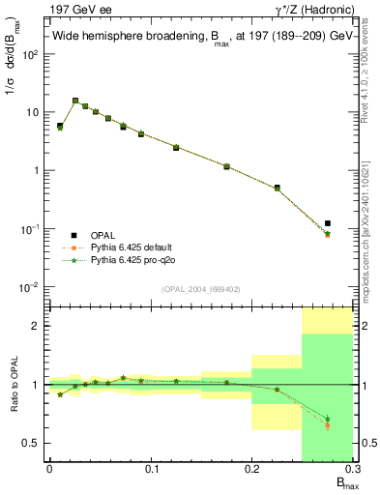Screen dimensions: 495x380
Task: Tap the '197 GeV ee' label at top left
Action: coord(73,9)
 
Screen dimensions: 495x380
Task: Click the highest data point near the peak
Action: coord(75,101)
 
